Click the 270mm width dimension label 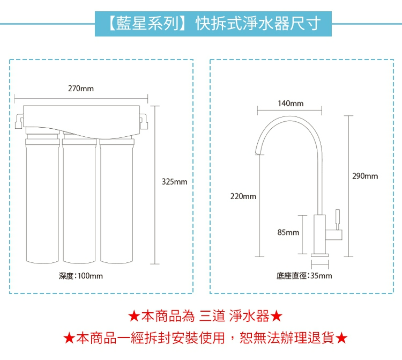pos(80,88)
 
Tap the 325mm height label pos(174,182)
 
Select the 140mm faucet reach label pos(291,103)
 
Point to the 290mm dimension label pos(365,176)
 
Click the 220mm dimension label pos(243,197)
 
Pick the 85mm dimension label pos(288,232)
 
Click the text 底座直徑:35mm pos(304,276)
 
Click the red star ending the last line pos(343,339)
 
